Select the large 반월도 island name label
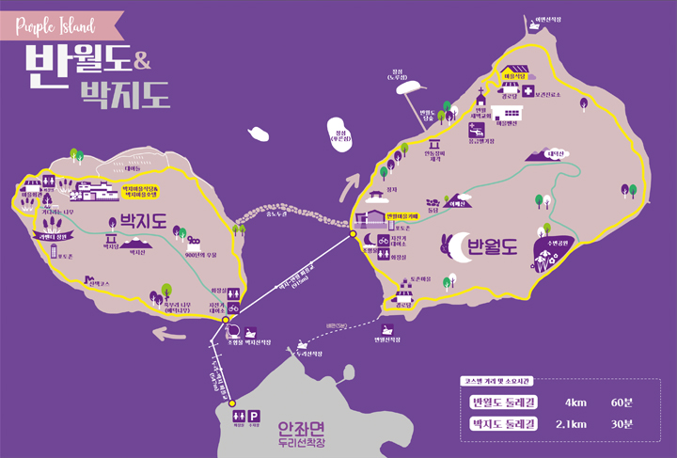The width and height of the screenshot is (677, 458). click(x=492, y=248)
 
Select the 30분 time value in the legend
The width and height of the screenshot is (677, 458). click(x=622, y=424)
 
